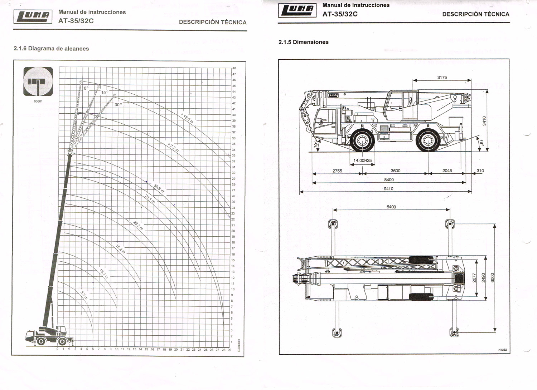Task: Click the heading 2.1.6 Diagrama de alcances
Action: click(51, 49)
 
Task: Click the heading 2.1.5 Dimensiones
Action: click(303, 42)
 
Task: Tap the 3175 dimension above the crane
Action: click(442, 77)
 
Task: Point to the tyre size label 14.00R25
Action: click(362, 161)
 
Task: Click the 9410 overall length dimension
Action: click(388, 188)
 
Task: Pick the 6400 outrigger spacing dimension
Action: click(391, 207)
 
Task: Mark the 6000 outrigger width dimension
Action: click(492, 278)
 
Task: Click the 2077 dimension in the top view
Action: click(474, 278)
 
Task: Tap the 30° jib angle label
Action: click(118, 105)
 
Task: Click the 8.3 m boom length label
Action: click(84, 295)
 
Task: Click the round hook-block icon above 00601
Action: click(38, 82)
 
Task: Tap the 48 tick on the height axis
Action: click(234, 68)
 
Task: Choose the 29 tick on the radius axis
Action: click(229, 350)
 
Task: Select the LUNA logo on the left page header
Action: click(33, 16)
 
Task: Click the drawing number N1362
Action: click(503, 350)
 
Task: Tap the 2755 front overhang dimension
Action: click(337, 171)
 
